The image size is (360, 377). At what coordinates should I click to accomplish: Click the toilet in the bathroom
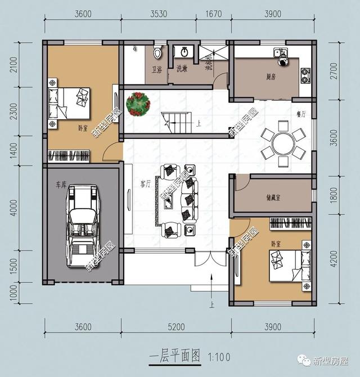click(159, 53)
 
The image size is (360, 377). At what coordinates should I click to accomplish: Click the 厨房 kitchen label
click(265, 77)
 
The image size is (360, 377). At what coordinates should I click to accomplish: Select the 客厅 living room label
click(146, 183)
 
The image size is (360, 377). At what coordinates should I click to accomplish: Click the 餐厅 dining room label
click(301, 114)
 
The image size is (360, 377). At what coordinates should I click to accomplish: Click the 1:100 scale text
click(219, 356)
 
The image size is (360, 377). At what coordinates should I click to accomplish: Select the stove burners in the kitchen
click(305, 71)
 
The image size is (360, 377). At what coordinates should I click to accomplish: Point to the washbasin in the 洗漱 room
click(184, 52)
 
